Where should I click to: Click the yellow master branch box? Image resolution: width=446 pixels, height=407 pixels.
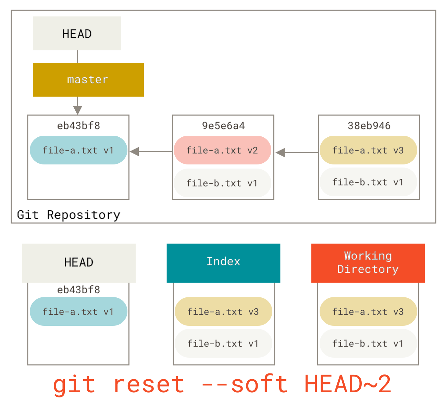88,79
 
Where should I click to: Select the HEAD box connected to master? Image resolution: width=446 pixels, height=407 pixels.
77,34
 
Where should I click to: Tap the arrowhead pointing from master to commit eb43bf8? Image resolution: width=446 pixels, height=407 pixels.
78,110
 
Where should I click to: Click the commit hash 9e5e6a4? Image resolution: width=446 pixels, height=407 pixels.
223,126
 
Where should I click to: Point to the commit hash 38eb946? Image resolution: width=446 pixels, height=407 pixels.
369,126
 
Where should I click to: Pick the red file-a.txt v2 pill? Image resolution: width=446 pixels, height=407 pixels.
222,150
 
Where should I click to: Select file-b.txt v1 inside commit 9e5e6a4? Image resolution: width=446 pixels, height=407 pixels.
222,183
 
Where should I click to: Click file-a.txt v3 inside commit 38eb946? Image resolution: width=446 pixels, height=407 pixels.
368,150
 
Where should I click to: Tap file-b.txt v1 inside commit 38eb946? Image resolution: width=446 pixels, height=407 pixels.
368,182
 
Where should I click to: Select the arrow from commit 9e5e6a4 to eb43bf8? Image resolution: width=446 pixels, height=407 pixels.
151,151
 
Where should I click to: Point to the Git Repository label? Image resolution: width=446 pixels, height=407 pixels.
69,215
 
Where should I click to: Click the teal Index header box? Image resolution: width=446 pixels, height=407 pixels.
223,263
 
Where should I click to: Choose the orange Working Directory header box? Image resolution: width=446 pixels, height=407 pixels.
368,263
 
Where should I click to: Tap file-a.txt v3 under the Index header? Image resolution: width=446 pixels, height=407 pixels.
223,311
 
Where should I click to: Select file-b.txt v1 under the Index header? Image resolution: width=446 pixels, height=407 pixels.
223,343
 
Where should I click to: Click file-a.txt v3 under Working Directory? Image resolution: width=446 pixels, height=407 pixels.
368,311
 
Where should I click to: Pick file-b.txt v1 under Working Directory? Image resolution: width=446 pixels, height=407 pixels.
368,343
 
